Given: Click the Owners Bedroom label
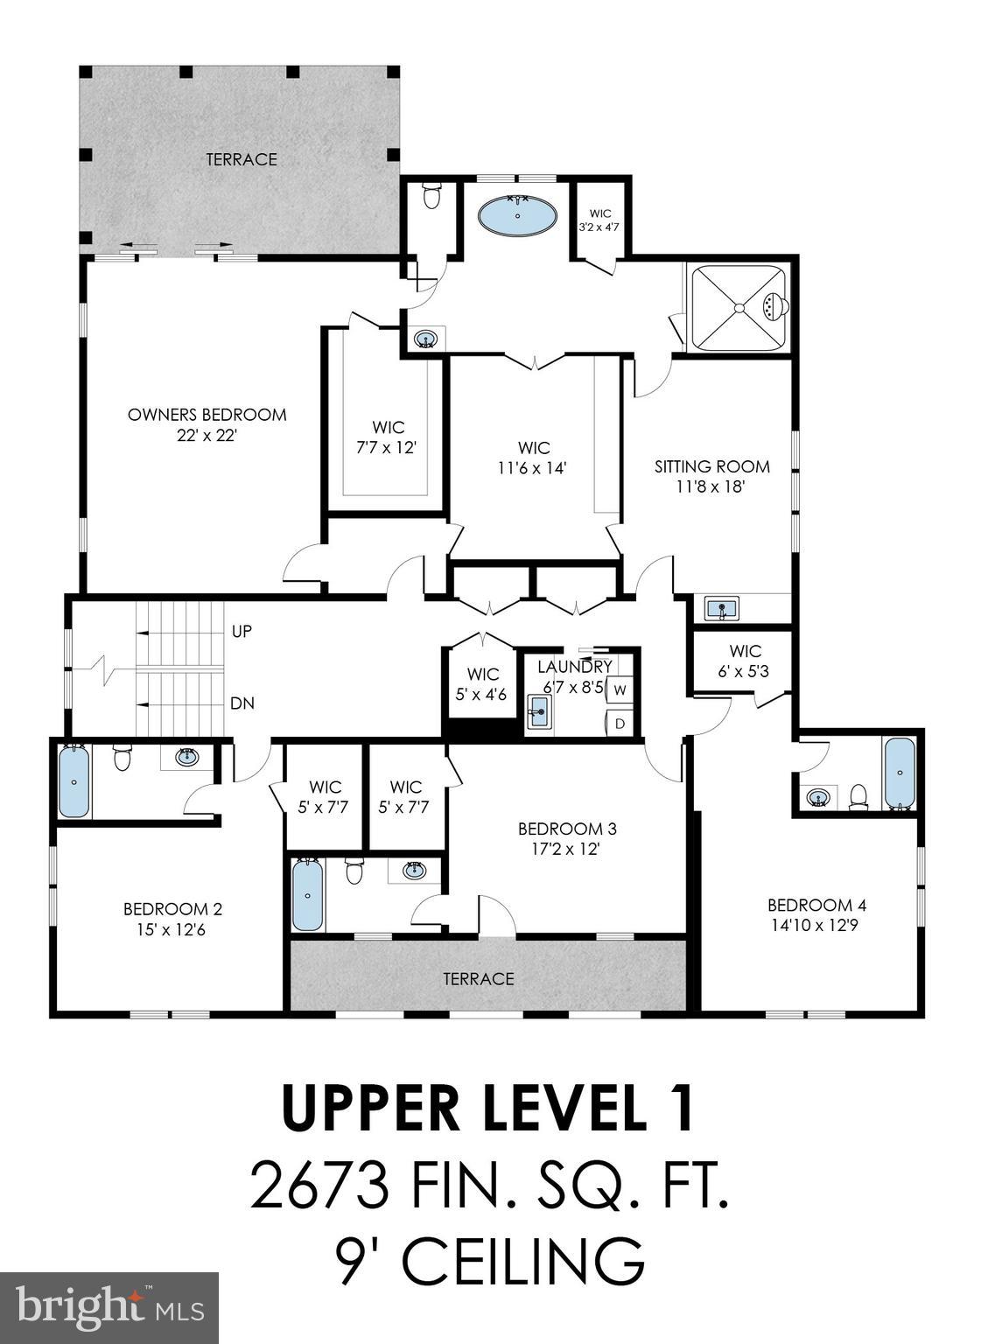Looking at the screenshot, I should [x=207, y=415].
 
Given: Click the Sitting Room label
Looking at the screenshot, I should [x=711, y=466].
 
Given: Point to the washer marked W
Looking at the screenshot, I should [x=620, y=689].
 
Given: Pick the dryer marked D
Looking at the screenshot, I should [x=620, y=723].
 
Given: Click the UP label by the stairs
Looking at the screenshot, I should [x=242, y=631].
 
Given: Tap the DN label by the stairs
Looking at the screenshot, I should [x=242, y=703].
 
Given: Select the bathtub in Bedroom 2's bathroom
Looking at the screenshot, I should [x=74, y=780].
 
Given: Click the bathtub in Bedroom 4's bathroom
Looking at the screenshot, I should [x=899, y=773].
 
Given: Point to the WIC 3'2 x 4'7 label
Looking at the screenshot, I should [x=599, y=220].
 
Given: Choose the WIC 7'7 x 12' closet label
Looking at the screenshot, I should [x=388, y=437].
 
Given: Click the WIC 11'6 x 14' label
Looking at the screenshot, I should [x=533, y=458].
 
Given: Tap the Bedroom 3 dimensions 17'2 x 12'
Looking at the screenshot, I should [x=560, y=848].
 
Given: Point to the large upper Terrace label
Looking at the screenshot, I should [x=242, y=159].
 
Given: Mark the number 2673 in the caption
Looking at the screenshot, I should [x=319, y=1186].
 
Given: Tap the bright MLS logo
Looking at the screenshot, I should [x=109, y=1308].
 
